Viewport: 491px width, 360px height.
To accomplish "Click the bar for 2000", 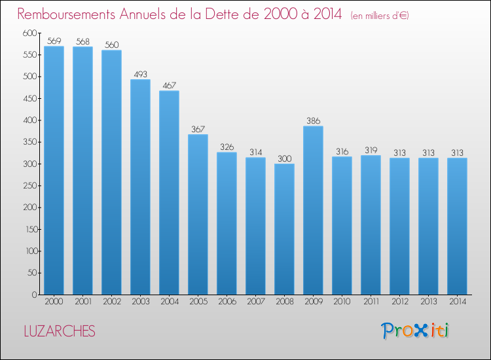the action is (54, 170).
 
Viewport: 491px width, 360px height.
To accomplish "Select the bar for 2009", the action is (313, 210).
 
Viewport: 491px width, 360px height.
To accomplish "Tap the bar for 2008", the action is (284, 229).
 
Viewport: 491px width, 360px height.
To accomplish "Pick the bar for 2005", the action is (198, 215).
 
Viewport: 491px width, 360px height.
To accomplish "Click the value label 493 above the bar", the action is (140, 74).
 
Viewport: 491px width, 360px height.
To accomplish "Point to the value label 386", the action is (313, 121).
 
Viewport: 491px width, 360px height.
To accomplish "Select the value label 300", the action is (284, 158).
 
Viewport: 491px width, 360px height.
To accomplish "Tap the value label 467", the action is (169, 86).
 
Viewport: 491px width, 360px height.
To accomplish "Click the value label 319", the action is (371, 151).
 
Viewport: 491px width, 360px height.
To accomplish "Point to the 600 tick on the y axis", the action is (30, 33).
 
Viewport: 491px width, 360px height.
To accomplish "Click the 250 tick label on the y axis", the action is (30, 186).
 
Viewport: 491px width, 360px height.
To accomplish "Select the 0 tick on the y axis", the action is (35, 295).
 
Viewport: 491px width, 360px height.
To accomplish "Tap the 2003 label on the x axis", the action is (140, 302).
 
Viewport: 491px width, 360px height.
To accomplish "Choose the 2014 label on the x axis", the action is (457, 302).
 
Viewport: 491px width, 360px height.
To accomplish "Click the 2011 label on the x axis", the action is (371, 302).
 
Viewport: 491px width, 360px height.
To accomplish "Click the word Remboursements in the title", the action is (66, 14).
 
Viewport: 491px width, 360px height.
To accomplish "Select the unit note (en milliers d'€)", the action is (380, 16).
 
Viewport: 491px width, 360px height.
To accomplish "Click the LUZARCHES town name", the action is (60, 331).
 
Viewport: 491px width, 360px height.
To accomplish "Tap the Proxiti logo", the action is (415, 331).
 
